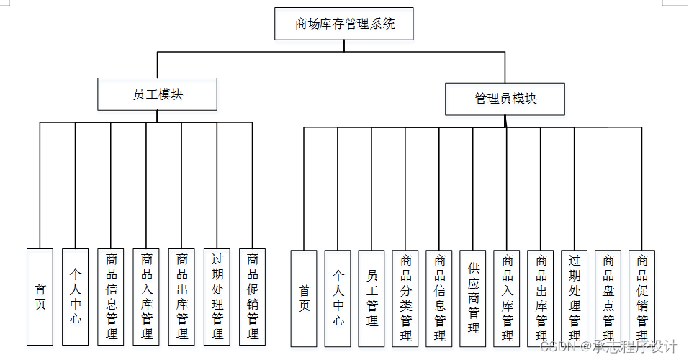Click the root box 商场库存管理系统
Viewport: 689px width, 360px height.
[x=344, y=24]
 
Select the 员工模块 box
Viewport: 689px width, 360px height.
[x=158, y=94]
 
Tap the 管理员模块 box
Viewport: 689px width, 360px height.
[x=505, y=99]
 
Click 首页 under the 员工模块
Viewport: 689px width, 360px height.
[x=40, y=297]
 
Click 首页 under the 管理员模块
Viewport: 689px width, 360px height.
[x=304, y=298]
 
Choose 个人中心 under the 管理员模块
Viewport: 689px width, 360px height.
[x=338, y=298]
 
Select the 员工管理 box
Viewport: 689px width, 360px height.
[x=371, y=298]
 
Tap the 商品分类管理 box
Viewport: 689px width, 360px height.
[x=405, y=298]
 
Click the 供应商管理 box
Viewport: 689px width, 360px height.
[x=473, y=298]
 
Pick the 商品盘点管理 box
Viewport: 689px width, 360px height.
[x=608, y=298]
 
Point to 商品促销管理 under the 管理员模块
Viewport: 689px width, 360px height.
[x=642, y=298]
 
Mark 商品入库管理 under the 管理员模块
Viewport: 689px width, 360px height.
[x=507, y=298]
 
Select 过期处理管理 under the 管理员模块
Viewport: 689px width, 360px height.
[x=575, y=298]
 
